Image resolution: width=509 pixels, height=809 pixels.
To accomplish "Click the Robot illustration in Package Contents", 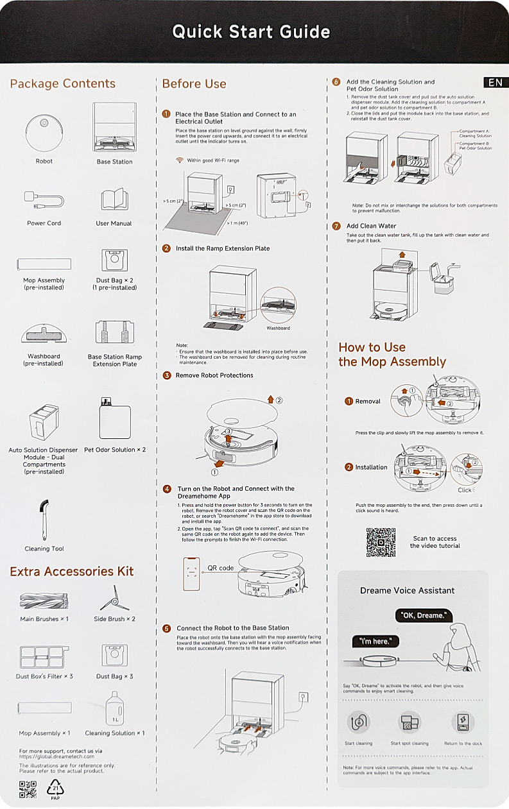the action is click(x=44, y=133).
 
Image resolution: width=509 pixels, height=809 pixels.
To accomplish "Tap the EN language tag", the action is click(x=496, y=83).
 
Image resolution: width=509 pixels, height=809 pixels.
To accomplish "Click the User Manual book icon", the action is click(x=114, y=199).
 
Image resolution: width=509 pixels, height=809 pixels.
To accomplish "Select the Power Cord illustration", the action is click(x=44, y=200).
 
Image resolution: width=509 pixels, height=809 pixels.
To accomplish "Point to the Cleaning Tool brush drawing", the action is click(x=44, y=520).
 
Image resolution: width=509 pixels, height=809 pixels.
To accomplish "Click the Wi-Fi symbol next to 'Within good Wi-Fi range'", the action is click(x=180, y=160).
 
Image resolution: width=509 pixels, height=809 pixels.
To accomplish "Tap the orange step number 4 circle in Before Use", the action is click(x=167, y=489).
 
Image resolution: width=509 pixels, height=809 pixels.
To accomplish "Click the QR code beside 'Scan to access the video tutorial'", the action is click(x=381, y=542).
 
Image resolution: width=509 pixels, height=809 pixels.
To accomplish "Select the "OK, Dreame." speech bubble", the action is click(x=424, y=615).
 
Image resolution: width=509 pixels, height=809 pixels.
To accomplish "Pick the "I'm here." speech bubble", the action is click(x=375, y=642).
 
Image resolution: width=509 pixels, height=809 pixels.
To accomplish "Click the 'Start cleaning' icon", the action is click(x=358, y=722).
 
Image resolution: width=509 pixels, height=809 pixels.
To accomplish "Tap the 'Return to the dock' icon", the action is click(x=463, y=722).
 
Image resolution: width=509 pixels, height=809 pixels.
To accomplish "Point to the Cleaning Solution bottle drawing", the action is click(x=115, y=708).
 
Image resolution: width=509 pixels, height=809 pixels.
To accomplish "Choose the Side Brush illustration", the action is click(x=114, y=598).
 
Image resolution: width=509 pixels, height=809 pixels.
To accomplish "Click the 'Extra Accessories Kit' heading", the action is click(x=71, y=572).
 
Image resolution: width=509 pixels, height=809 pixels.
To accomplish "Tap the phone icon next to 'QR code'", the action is click(x=191, y=574).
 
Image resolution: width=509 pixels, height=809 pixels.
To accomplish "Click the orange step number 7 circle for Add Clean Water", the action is click(x=336, y=226).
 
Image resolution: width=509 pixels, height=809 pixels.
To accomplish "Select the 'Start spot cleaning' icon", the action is click(x=410, y=722).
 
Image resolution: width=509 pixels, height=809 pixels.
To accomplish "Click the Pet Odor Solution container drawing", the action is click(x=115, y=418).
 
